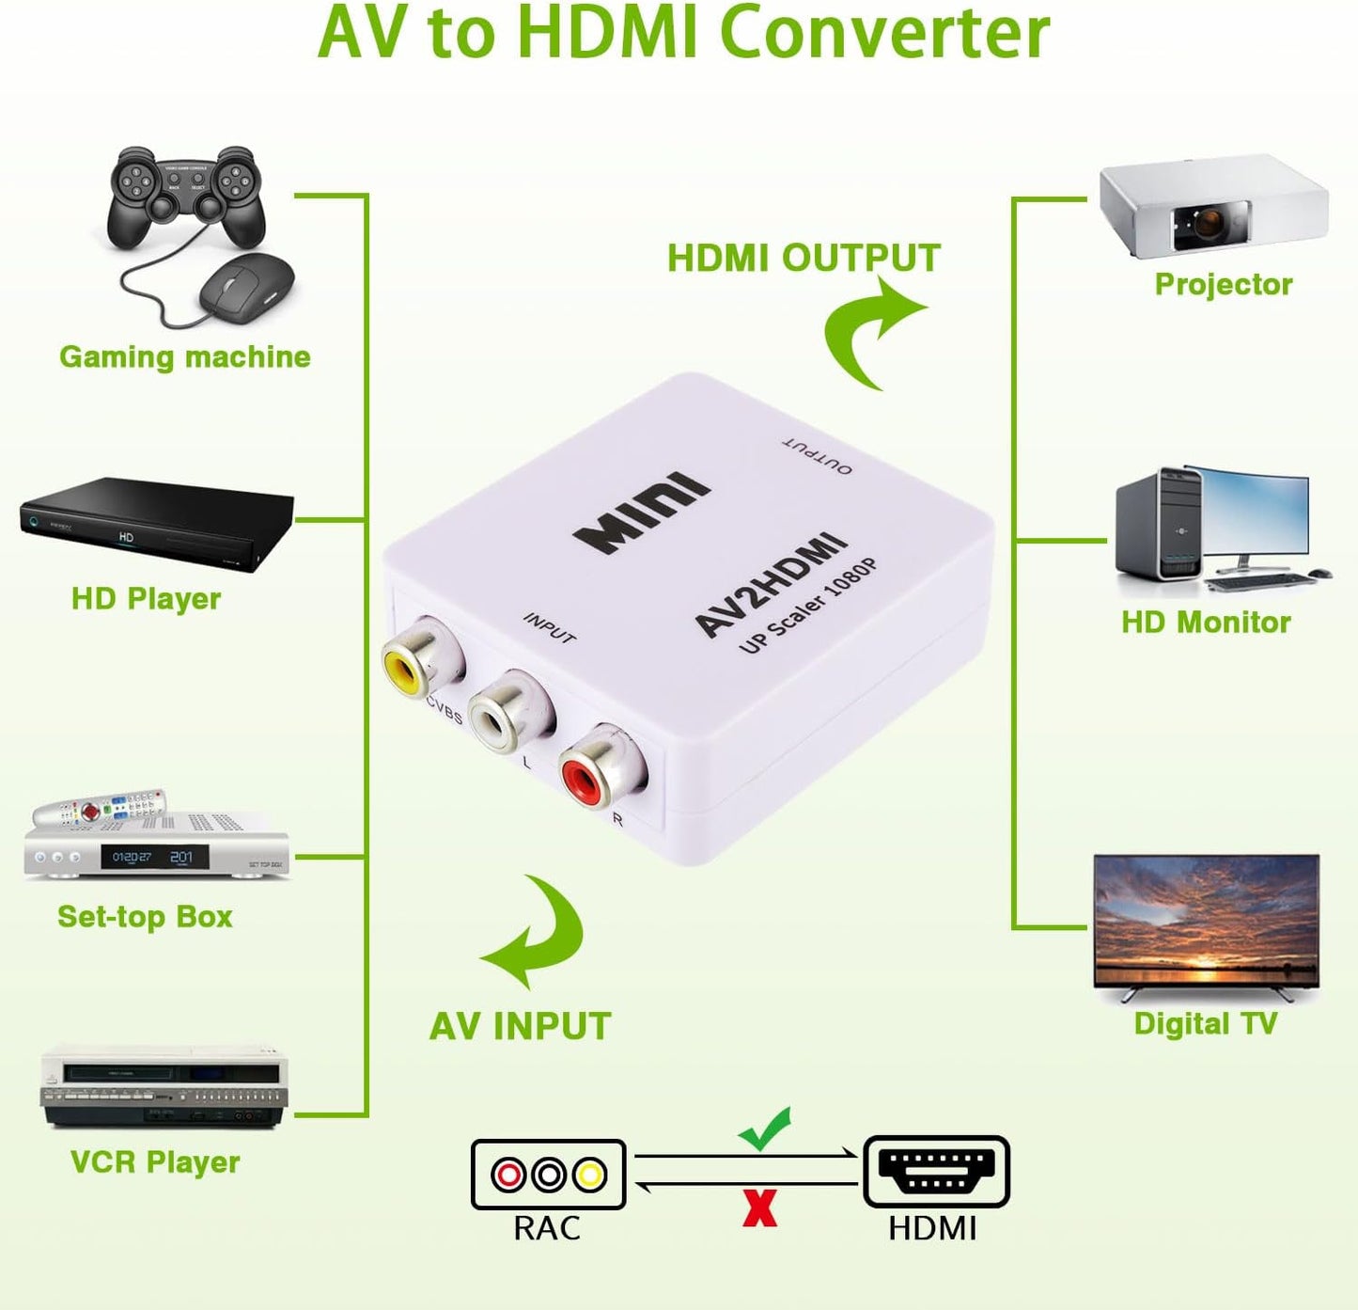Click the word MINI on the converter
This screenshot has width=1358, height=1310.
click(x=642, y=513)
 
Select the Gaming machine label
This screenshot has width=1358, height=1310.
click(x=185, y=357)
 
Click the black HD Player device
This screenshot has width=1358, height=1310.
click(x=155, y=523)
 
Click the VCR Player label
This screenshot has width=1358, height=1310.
click(x=155, y=1162)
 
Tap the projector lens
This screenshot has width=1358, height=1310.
click(x=1208, y=223)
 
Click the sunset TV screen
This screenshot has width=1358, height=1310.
click(x=1207, y=919)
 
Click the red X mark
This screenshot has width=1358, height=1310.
click(x=759, y=1208)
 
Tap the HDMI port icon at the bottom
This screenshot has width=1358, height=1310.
click(x=936, y=1172)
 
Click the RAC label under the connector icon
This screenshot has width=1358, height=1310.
click(x=547, y=1228)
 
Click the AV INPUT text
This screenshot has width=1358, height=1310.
click(x=520, y=1027)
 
